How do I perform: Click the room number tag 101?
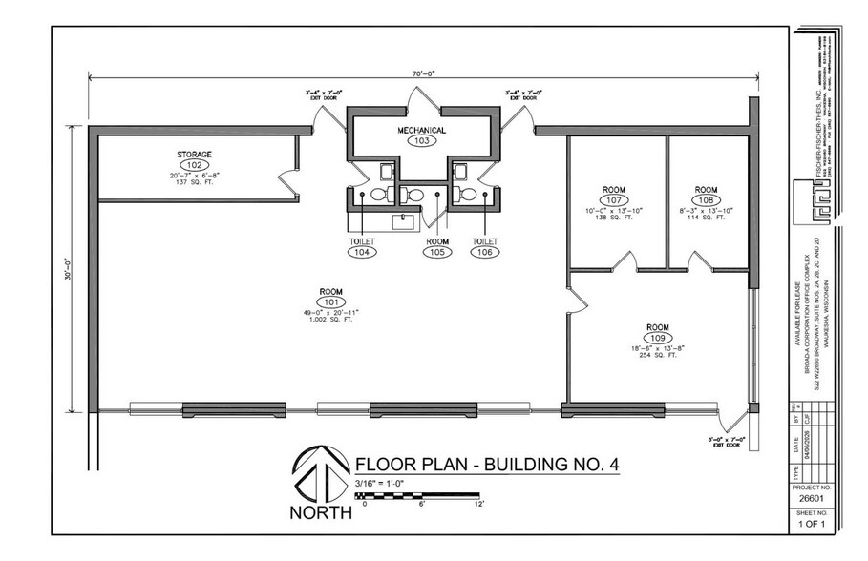[x=331, y=301]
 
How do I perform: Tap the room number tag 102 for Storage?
[x=194, y=165]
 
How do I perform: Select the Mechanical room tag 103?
[x=423, y=140]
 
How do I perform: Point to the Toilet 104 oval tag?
[x=363, y=252]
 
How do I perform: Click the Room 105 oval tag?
[x=437, y=252]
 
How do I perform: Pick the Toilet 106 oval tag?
[x=484, y=252]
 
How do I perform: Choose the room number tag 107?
[x=614, y=200]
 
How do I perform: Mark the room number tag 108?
[x=706, y=200]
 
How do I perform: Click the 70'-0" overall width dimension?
[x=423, y=73]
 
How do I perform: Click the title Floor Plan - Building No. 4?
[x=487, y=465]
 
